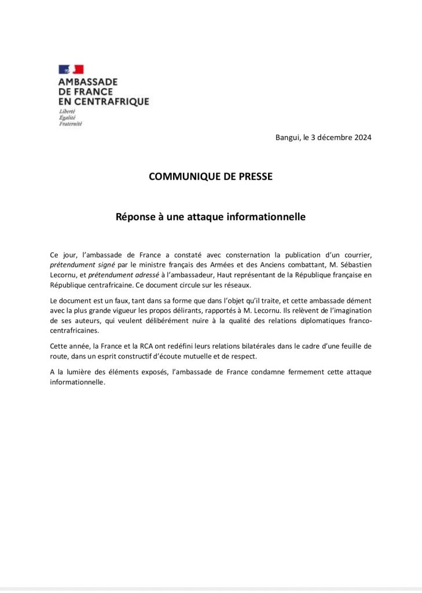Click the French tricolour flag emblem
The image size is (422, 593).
[71, 69]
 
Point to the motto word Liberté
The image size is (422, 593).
[68, 111]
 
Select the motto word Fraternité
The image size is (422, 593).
[71, 123]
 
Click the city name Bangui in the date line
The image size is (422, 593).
[288, 138]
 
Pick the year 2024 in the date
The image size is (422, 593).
[361, 138]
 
